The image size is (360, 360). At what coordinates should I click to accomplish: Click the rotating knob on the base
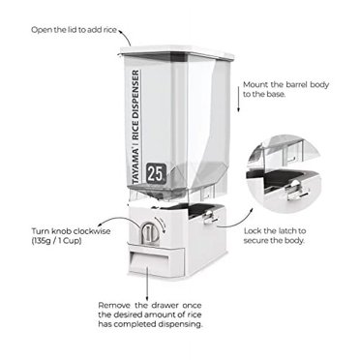point(146,233)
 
